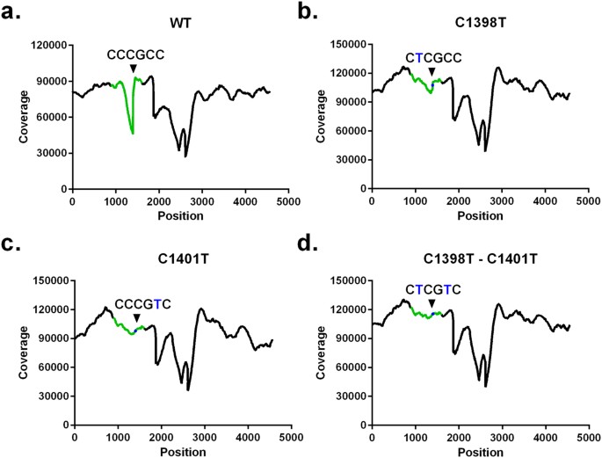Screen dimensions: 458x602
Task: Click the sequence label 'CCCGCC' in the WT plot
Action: (x=135, y=55)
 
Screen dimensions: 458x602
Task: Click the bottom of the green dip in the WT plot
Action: (x=133, y=133)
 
